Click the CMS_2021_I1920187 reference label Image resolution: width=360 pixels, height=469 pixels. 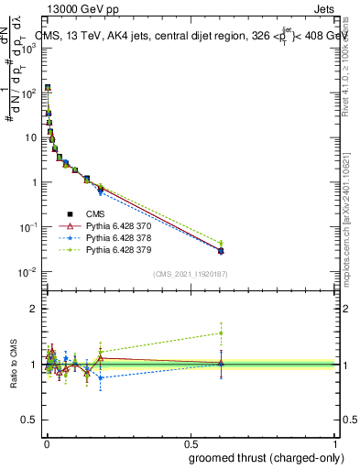[x=191, y=274]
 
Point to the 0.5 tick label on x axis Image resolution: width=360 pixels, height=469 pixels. [x=191, y=442]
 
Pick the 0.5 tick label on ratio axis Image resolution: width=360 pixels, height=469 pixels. [x=29, y=420]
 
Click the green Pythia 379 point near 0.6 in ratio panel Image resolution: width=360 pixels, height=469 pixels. [x=221, y=333]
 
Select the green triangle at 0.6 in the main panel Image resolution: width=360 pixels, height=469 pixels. [x=221, y=243]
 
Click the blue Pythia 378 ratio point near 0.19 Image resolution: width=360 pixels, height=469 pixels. [x=101, y=377]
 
